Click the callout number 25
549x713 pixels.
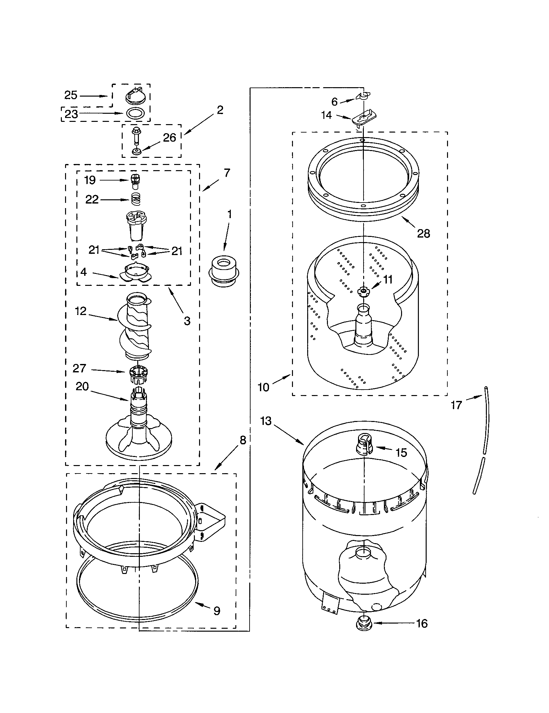71,95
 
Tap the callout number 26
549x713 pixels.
169,138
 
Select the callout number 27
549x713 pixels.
79,368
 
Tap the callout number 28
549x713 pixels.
423,233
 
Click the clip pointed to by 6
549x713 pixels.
363,96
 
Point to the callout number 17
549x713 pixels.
456,405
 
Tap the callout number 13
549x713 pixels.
266,421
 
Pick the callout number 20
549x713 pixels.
82,387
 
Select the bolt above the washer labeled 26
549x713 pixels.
136,136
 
